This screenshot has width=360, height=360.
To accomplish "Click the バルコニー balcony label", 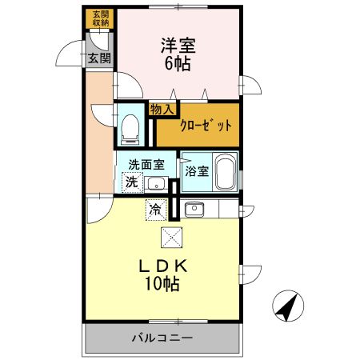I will coord(162,338).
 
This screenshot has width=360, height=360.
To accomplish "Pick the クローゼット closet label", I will coord(205,125).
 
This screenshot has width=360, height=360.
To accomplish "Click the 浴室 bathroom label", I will coord(197,170).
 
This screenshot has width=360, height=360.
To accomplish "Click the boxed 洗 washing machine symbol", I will coord(131,182).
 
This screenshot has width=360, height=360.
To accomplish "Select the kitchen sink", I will coord(195,210).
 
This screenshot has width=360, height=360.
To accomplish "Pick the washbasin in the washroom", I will coord(156,184).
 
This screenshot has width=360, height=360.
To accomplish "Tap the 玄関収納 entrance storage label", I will coord(99,18).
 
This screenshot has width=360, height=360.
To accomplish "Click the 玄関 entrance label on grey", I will coord(99,58).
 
